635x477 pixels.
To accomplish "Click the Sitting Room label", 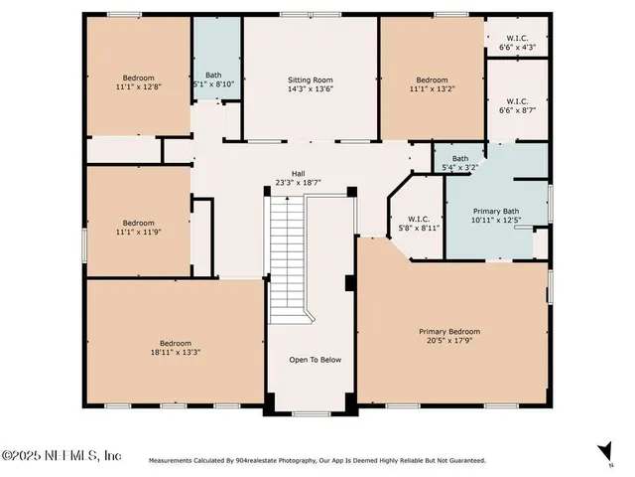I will coord(311,79).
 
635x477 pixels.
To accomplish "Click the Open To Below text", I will coord(315,360).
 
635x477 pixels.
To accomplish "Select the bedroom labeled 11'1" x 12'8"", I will coord(138,82).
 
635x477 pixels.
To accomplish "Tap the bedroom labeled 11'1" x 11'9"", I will coord(138,228).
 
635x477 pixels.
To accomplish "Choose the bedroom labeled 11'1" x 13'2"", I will coord(432,84).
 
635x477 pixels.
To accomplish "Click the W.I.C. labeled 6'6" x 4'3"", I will coord(517,42).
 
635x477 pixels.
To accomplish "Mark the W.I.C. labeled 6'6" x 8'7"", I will coord(517,105).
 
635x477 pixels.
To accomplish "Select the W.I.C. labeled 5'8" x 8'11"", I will coord(417,224).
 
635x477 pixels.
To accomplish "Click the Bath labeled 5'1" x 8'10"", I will coord(213,79).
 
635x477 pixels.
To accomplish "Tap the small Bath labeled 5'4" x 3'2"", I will coord(459,163).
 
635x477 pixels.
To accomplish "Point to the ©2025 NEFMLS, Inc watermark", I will coord(61,455).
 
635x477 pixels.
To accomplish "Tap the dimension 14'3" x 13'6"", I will coord(311,87).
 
